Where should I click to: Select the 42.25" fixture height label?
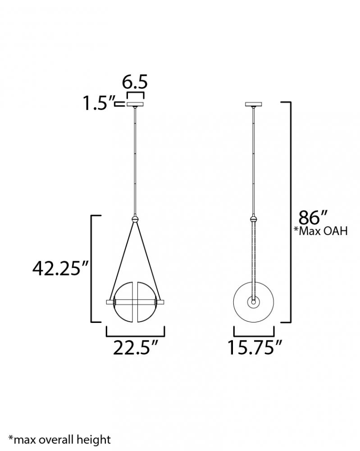[60, 268]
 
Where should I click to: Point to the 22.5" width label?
[135, 348]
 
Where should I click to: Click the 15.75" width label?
[255, 347]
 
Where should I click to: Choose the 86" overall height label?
[313, 217]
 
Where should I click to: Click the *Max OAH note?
[320, 231]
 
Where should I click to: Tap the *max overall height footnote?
[59, 440]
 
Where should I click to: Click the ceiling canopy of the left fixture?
[135, 104]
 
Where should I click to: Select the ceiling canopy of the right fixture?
[253, 104]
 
